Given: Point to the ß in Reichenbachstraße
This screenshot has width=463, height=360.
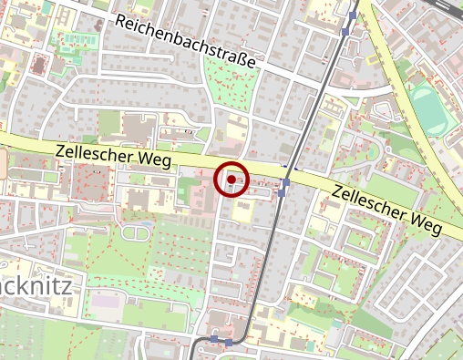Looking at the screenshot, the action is click(252, 64).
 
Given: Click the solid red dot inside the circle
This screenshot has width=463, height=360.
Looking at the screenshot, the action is click(231, 180).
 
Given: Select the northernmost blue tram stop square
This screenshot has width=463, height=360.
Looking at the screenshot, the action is click(353, 15).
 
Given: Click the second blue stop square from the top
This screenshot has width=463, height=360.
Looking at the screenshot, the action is click(345, 32).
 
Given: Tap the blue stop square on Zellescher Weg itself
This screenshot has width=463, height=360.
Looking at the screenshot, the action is click(285, 183).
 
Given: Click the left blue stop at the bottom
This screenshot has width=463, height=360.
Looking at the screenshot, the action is click(214, 339).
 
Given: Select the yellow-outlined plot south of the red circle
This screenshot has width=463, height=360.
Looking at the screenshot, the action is click(243, 212).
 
